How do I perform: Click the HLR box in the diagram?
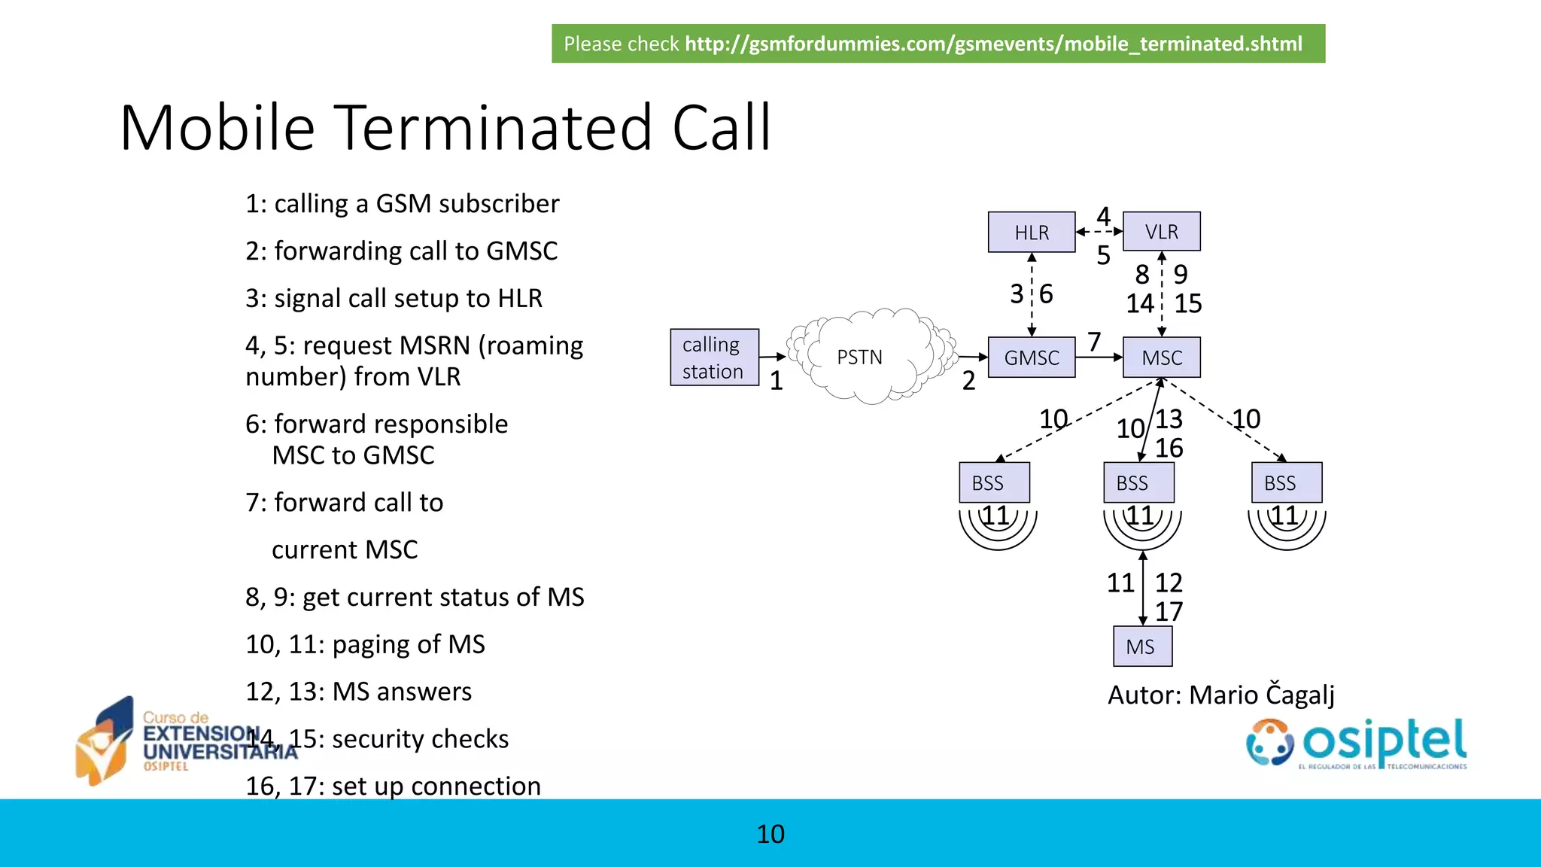click(x=1031, y=233)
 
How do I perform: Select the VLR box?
click(x=1161, y=232)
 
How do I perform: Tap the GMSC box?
click(x=1031, y=357)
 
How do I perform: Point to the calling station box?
click(x=714, y=357)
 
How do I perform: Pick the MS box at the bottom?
click(x=1141, y=646)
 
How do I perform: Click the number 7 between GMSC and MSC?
click(x=1094, y=342)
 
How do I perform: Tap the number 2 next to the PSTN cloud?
click(x=968, y=381)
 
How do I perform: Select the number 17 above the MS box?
click(x=1169, y=611)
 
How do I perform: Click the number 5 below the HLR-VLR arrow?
click(x=1103, y=256)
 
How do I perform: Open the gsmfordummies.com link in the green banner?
click(x=992, y=44)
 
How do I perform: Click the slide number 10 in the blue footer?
click(x=770, y=834)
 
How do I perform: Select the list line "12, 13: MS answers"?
click(x=358, y=692)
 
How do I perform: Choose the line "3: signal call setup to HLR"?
click(x=394, y=298)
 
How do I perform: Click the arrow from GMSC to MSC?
click(x=1099, y=357)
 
